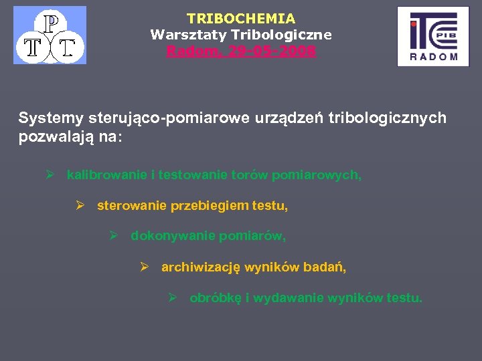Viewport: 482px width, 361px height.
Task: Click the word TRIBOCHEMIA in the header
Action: pyautogui.click(x=240, y=19)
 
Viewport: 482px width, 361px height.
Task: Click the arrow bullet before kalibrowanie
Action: pyautogui.click(x=50, y=175)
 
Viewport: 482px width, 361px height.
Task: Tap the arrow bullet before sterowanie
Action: pyautogui.click(x=80, y=206)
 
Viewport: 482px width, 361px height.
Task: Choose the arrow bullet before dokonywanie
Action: pyautogui.click(x=113, y=236)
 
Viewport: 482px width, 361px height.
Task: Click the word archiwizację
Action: pyautogui.click(x=201, y=267)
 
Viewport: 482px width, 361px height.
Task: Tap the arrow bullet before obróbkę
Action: pyautogui.click(x=172, y=298)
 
